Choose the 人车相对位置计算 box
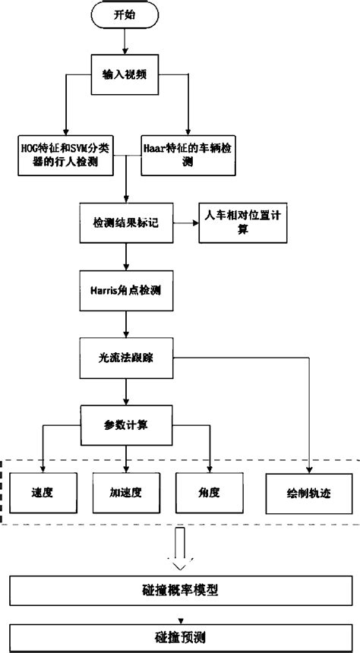242,222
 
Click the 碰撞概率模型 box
181,588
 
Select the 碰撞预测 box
181,635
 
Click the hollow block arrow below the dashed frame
180,548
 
